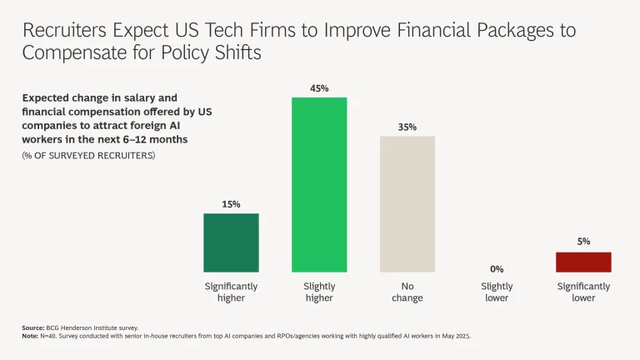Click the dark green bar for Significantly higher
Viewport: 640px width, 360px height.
pyautogui.click(x=231, y=242)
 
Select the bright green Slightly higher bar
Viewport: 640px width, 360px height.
pyautogui.click(x=319, y=184)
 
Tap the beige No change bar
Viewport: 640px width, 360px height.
pyautogui.click(x=407, y=203)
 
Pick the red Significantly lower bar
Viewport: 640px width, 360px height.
pyautogui.click(x=583, y=262)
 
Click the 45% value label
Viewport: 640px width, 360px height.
pyautogui.click(x=319, y=87)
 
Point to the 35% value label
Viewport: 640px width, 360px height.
pyautogui.click(x=407, y=127)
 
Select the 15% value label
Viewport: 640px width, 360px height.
pyautogui.click(x=231, y=204)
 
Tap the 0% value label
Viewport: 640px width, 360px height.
pyautogui.click(x=497, y=269)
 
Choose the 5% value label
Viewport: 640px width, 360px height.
pyautogui.click(x=583, y=242)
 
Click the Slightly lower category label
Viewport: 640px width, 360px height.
pyautogui.click(x=497, y=292)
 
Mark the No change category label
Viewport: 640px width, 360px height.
pyautogui.click(x=407, y=292)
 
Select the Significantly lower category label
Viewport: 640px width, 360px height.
pyautogui.click(x=583, y=292)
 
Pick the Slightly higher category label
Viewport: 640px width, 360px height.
pyautogui.click(x=319, y=292)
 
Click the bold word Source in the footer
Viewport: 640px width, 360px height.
pyautogui.click(x=33, y=328)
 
